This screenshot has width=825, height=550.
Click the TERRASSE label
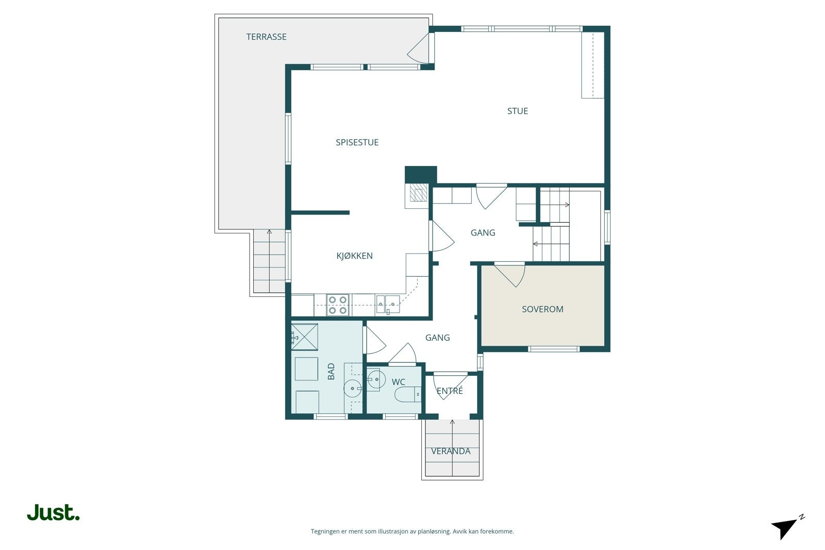266,37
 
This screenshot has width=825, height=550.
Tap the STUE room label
518,111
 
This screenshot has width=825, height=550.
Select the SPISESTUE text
357,142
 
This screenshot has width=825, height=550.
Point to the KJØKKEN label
354,256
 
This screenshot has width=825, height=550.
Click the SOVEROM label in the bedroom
542,309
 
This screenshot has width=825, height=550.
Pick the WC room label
398,382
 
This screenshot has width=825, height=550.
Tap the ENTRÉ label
450,391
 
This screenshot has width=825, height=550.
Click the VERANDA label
451,452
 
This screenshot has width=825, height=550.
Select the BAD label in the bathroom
331,372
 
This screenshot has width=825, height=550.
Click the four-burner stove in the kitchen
338,305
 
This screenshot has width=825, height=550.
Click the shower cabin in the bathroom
305,337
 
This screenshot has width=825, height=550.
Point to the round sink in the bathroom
353,388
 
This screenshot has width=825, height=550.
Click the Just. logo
54,512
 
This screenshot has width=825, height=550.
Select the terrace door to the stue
421,47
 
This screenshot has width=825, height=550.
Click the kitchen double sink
388,305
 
